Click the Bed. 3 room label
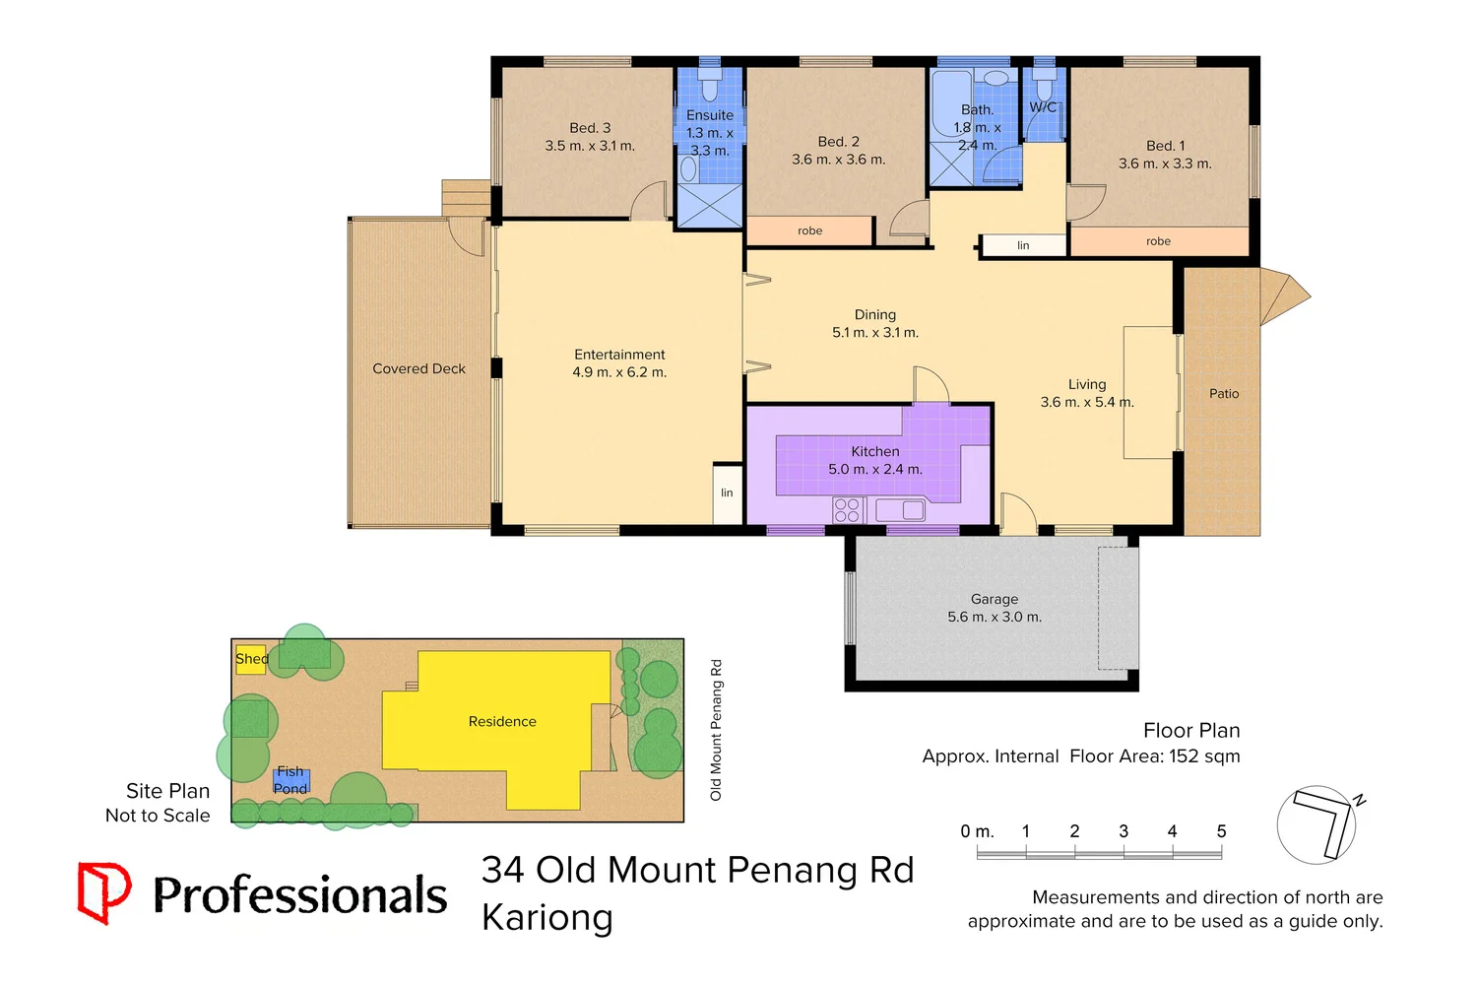point(590,128)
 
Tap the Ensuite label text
point(710,115)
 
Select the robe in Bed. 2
point(809,230)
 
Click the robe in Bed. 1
point(1158,241)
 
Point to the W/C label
point(1043,106)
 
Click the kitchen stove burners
point(847,509)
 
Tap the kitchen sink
point(900,510)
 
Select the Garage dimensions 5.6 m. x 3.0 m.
point(995,618)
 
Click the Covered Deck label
point(418,368)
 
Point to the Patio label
point(1224,393)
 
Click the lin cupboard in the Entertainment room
point(727,492)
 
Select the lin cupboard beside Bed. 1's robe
point(1023,245)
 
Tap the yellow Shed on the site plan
point(251,659)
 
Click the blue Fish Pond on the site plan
point(291,781)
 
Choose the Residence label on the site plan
point(502,722)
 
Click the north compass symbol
point(1319,823)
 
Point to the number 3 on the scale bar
point(1124,831)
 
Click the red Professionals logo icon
point(104,892)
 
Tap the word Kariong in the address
point(547,917)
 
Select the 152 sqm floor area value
point(1204,756)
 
